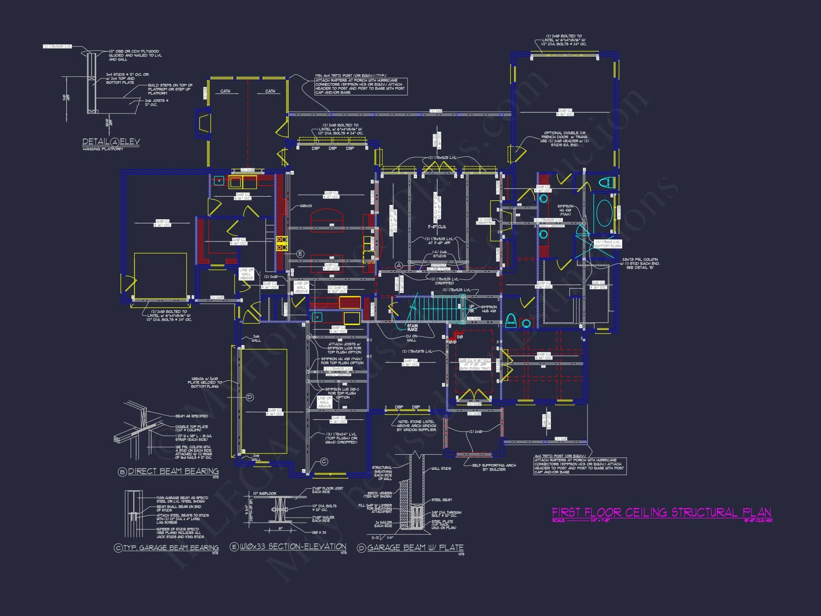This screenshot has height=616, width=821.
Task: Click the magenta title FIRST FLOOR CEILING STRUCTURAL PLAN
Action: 661,513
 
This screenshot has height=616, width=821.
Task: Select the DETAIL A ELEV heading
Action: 111,142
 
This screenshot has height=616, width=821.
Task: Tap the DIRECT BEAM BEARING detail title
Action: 173,471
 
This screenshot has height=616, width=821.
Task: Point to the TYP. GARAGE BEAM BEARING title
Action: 171,548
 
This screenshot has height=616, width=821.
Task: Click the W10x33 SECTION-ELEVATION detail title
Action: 293,546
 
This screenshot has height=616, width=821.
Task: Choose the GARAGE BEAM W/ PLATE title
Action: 415,548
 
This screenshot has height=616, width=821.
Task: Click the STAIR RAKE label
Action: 412,328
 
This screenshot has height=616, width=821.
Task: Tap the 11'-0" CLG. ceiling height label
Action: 437,226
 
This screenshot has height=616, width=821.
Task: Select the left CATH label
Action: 225,91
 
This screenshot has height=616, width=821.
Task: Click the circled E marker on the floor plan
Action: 300,254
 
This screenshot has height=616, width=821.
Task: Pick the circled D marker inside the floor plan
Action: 250,397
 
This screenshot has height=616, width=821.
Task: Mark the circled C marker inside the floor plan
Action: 324,462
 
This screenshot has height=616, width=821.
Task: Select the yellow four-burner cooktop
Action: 282,243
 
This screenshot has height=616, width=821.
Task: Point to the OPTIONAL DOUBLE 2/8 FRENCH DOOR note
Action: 564,139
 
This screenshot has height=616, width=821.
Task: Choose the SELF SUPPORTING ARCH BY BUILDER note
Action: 494,467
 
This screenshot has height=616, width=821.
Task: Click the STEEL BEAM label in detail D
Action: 441,500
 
